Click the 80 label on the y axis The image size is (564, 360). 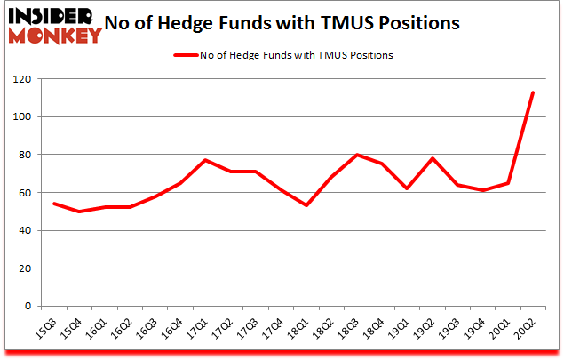(31, 156)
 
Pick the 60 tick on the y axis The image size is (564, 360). (31, 193)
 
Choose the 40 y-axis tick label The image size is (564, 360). (31, 231)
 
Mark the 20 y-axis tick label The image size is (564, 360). (31, 268)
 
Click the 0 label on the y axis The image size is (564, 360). (34, 307)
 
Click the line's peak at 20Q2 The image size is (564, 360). (533, 92)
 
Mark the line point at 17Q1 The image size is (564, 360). (205, 160)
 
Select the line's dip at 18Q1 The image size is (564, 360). (306, 205)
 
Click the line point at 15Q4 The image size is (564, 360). (79, 212)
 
